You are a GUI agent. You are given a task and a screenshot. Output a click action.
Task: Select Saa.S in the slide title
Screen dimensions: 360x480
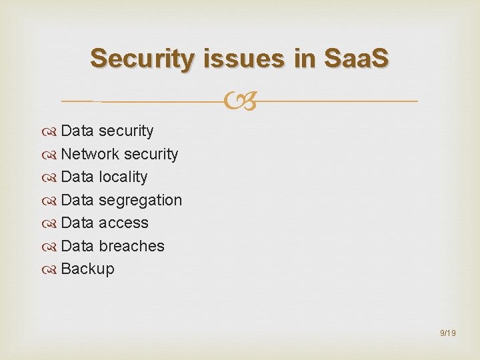[x=355, y=59]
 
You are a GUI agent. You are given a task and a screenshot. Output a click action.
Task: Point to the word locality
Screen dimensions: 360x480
[x=123, y=177]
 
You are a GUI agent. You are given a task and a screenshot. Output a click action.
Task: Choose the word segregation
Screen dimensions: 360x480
[x=140, y=200]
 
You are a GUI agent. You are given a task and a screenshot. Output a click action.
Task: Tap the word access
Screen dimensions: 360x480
[x=123, y=223]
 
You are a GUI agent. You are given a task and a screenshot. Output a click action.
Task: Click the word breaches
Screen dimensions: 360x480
[x=131, y=246]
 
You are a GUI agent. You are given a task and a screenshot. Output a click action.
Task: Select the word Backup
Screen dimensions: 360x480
[x=87, y=269]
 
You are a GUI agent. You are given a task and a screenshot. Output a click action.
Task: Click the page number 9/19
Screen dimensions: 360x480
[x=448, y=332]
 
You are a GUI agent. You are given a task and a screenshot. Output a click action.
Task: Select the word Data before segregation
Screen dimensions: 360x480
[x=77, y=200]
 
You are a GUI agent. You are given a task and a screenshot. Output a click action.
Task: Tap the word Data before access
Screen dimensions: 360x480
[x=77, y=223]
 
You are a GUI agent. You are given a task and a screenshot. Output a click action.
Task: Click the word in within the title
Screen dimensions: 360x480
[x=303, y=59]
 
